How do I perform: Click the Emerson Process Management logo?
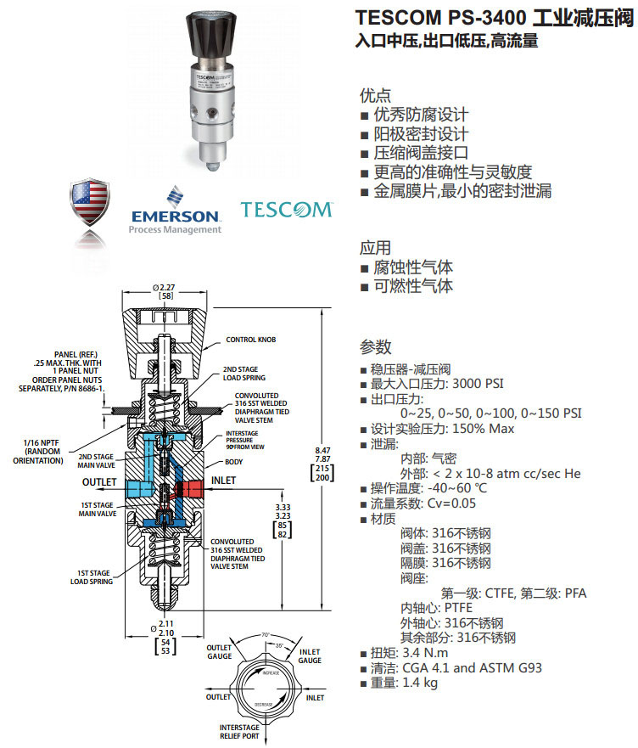(x=175, y=211)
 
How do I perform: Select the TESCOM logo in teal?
(x=287, y=209)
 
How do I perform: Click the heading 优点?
(x=376, y=95)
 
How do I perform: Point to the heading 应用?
(x=376, y=248)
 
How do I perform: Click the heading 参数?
(x=376, y=347)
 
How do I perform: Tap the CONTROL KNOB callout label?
(x=250, y=340)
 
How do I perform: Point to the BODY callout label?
(x=233, y=462)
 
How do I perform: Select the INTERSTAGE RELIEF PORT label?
(x=239, y=733)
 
